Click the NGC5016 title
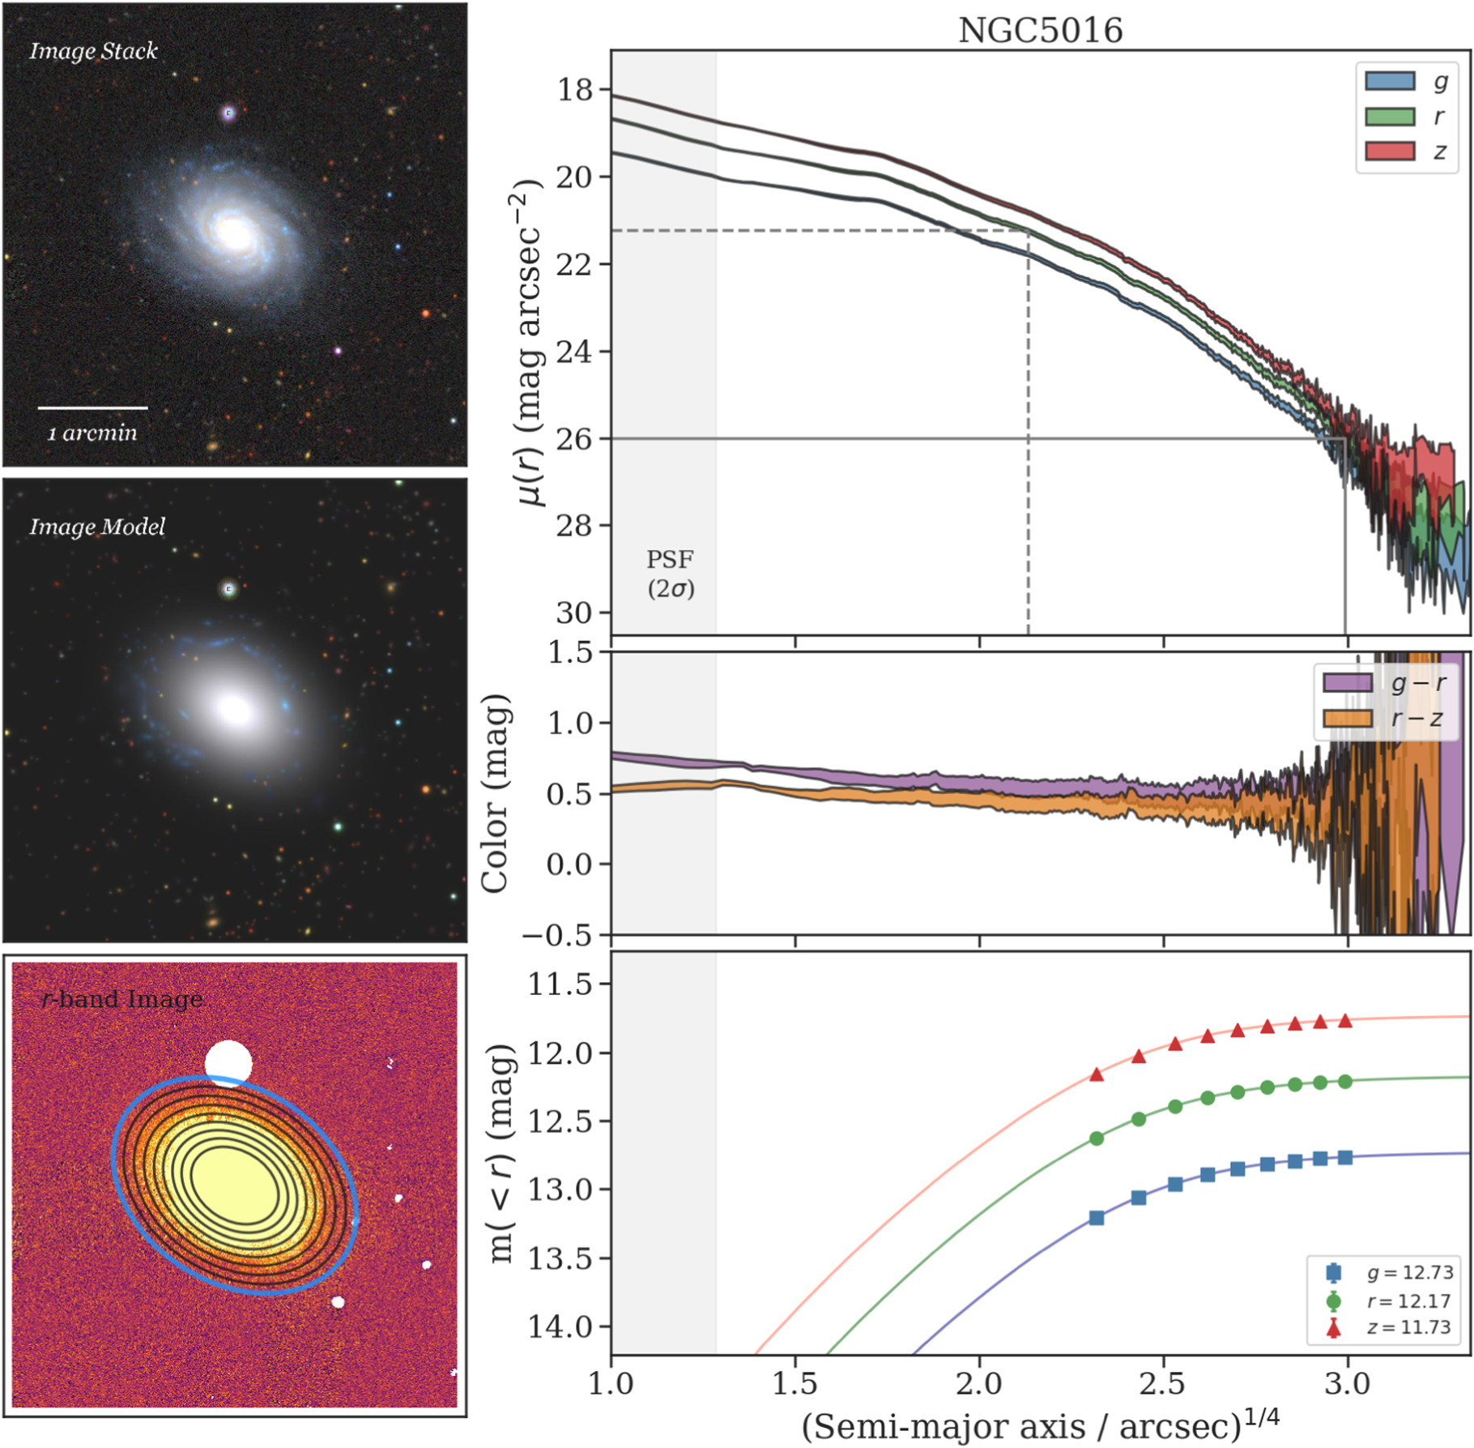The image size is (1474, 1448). pyautogui.click(x=1040, y=31)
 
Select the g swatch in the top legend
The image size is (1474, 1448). pyautogui.click(x=1390, y=81)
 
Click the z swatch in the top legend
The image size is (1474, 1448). pyautogui.click(x=1390, y=151)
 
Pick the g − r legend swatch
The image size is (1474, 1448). pyautogui.click(x=1347, y=682)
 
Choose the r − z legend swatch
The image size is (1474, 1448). pyautogui.click(x=1347, y=718)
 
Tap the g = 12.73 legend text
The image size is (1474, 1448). pyautogui.click(x=1409, y=1273)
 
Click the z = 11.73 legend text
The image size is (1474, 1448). pyautogui.click(x=1409, y=1328)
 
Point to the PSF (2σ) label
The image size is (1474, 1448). pyautogui.click(x=671, y=574)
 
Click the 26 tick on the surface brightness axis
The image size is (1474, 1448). pyautogui.click(x=574, y=438)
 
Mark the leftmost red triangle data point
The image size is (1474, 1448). pyautogui.click(x=1097, y=1074)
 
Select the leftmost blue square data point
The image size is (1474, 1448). pyautogui.click(x=1097, y=1218)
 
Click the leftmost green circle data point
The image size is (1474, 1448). pyautogui.click(x=1097, y=1138)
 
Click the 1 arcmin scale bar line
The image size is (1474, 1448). pyautogui.click(x=92, y=408)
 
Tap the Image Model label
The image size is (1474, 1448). pyautogui.click(x=97, y=527)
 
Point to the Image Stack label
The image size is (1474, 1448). pyautogui.click(x=93, y=51)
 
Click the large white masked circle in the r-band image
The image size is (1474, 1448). pyautogui.click(x=228, y=1062)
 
